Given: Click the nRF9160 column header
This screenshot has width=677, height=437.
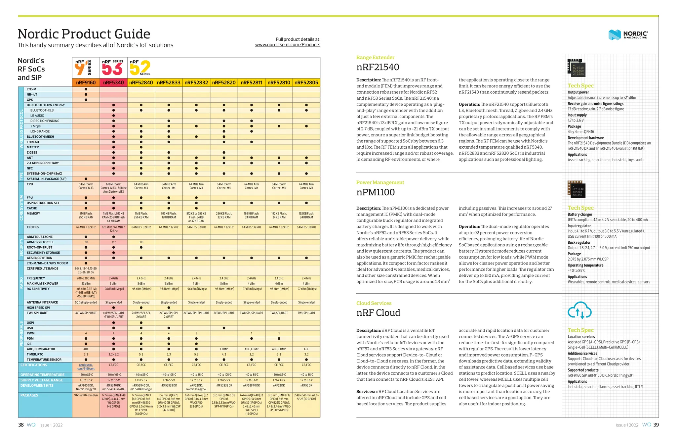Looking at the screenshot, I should [86, 82].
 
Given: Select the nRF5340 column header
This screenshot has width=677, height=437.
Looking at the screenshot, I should [113, 82].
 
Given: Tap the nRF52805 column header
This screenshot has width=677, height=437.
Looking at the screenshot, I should [306, 82].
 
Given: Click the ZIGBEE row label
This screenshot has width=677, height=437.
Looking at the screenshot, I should [32, 153].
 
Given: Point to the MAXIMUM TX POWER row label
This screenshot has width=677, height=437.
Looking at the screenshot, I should [42, 284].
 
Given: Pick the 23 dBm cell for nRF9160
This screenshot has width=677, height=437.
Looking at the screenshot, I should [86, 284].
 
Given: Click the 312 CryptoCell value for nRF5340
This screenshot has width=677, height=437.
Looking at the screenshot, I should [113, 242].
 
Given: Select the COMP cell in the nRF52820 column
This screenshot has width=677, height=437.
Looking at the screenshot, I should [224, 349].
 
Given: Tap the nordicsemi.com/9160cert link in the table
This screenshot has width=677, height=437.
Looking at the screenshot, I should [86, 367].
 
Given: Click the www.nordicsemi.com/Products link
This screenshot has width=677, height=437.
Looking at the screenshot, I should [288, 45].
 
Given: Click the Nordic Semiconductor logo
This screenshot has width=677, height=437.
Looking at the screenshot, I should [628, 34].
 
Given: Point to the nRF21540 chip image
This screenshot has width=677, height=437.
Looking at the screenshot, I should [576, 68].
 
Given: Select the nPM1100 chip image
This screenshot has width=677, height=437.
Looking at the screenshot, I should [576, 189].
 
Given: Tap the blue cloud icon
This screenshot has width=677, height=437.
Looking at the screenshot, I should [579, 310].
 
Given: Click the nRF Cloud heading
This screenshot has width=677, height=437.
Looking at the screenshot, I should [378, 313].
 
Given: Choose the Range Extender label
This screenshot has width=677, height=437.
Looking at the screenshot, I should [375, 58].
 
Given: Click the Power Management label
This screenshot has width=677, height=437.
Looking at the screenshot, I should [380, 182].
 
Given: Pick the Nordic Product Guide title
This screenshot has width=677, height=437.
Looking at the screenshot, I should [84, 34].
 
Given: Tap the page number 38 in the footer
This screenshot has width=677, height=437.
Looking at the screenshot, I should [21, 425].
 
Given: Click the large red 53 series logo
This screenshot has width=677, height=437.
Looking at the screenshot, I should [112, 69].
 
